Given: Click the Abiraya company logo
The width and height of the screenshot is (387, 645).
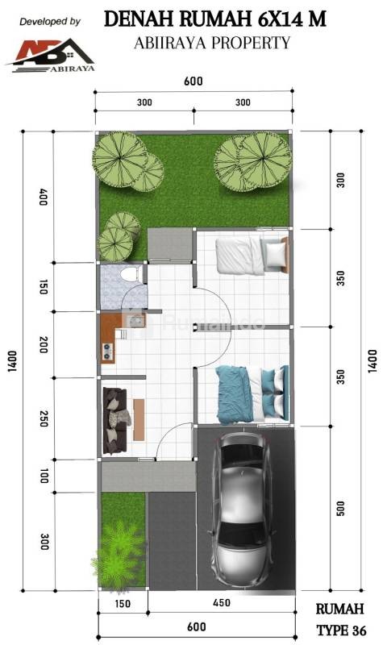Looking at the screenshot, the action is coord(51,56).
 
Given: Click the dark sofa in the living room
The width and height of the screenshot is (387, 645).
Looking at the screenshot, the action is coord(115,420).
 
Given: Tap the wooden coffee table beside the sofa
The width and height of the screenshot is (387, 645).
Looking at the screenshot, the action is coord(139,419).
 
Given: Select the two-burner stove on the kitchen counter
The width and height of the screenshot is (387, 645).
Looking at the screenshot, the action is coord(108,350).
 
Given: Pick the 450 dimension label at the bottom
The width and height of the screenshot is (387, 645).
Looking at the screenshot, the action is coord(222,602).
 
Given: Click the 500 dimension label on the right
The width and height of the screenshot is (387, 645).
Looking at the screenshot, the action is coord(341,509).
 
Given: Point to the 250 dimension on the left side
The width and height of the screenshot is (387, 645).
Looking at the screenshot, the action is coord(44,418).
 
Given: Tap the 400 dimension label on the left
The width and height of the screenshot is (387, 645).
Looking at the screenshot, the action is coord(44,197).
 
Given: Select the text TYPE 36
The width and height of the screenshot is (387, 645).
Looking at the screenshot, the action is coord(341,630).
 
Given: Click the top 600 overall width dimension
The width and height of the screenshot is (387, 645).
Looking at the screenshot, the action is coord(193,81).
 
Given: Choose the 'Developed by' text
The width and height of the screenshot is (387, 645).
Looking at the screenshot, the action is coord(50,22).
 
